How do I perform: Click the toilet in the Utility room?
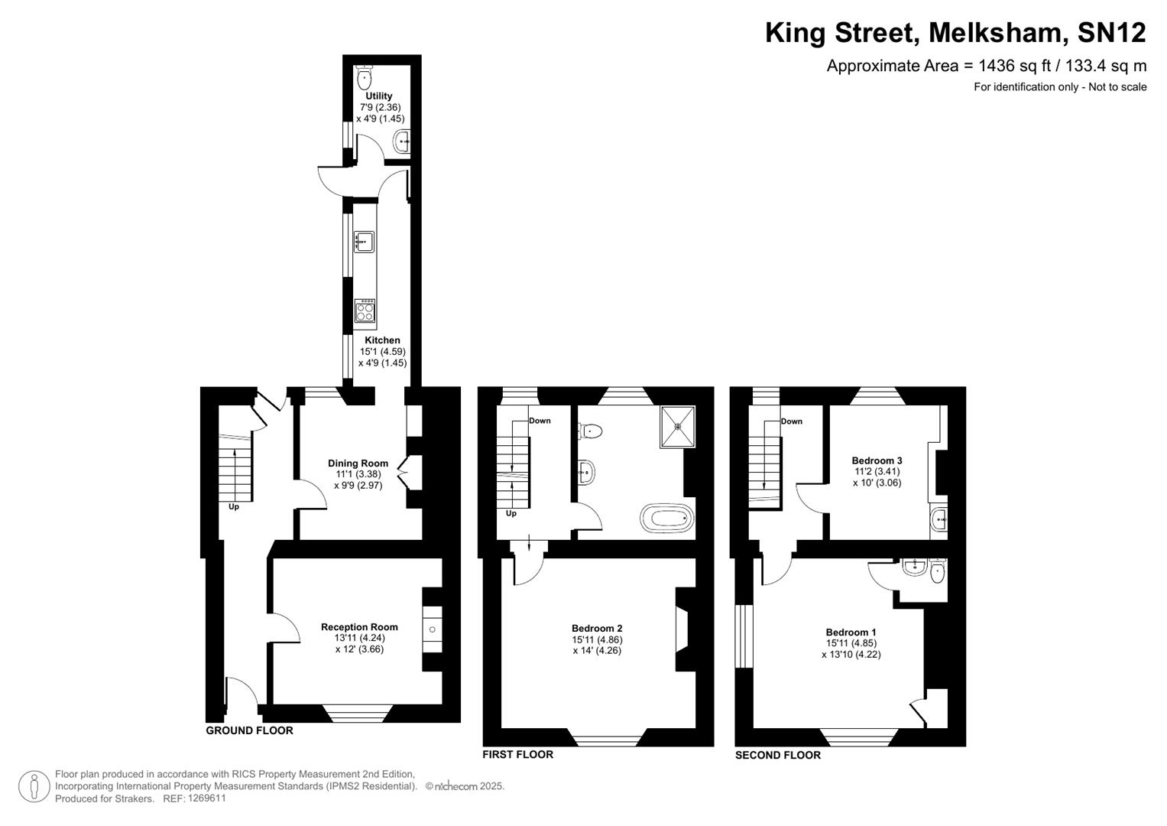(365, 76)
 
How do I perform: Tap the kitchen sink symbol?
(364, 242)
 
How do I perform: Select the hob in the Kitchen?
(365, 311)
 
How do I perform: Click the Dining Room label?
(358, 463)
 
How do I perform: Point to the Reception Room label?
(359, 627)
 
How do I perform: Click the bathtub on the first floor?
(667, 518)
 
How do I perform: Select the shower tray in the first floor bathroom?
(677, 426)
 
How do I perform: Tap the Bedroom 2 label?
(597, 629)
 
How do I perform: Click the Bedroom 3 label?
(877, 461)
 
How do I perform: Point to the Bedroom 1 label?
(851, 633)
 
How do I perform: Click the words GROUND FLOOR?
(249, 730)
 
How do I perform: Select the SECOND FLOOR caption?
(777, 755)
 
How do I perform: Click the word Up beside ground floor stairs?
(234, 507)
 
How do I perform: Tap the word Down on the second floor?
(792, 421)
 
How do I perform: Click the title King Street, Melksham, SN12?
(955, 33)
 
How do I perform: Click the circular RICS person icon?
(34, 786)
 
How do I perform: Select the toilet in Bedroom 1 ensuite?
(938, 573)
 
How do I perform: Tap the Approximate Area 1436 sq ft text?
(986, 66)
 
